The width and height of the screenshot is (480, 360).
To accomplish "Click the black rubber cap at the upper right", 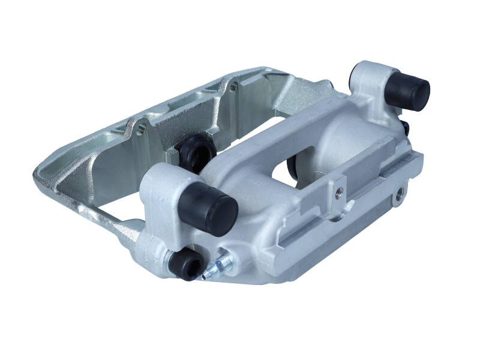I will [x=409, y=88].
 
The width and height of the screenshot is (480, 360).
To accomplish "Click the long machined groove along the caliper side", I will [x=336, y=231].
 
